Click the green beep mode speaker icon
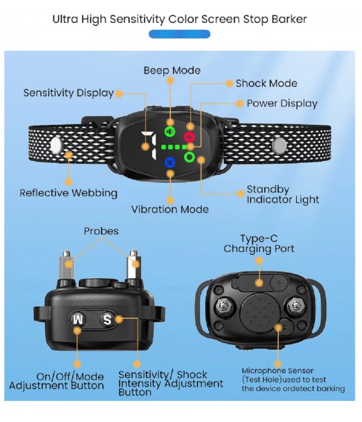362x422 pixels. [x=170, y=131]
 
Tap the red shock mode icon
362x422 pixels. [x=189, y=137]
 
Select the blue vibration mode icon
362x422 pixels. [x=170, y=163]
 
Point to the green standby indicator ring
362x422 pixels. [x=189, y=157]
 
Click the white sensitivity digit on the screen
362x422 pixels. [x=149, y=145]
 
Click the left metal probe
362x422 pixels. [x=66, y=265]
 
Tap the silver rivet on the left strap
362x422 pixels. [x=56, y=146]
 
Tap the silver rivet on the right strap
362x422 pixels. [x=279, y=146]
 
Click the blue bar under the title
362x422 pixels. [x=179, y=34]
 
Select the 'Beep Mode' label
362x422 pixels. [x=172, y=71]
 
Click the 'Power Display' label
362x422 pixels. [x=282, y=104]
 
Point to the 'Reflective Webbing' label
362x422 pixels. [x=69, y=194]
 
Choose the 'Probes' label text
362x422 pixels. [x=101, y=231]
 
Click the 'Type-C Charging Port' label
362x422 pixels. [x=259, y=244]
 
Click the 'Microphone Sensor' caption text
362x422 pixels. [x=278, y=371]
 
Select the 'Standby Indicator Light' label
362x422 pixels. [x=283, y=195]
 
